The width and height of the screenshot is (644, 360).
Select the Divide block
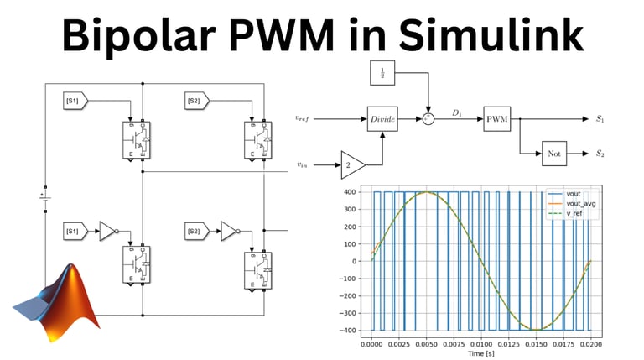[383, 119]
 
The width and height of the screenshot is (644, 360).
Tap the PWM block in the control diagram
[498, 119]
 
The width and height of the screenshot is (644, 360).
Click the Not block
[553, 154]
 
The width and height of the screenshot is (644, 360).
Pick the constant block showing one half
[383, 73]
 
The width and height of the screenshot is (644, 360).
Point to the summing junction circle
[429, 119]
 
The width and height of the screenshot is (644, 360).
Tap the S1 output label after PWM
[600, 119]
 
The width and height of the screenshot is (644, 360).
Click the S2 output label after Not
[600, 154]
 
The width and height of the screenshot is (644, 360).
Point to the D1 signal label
[457, 112]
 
